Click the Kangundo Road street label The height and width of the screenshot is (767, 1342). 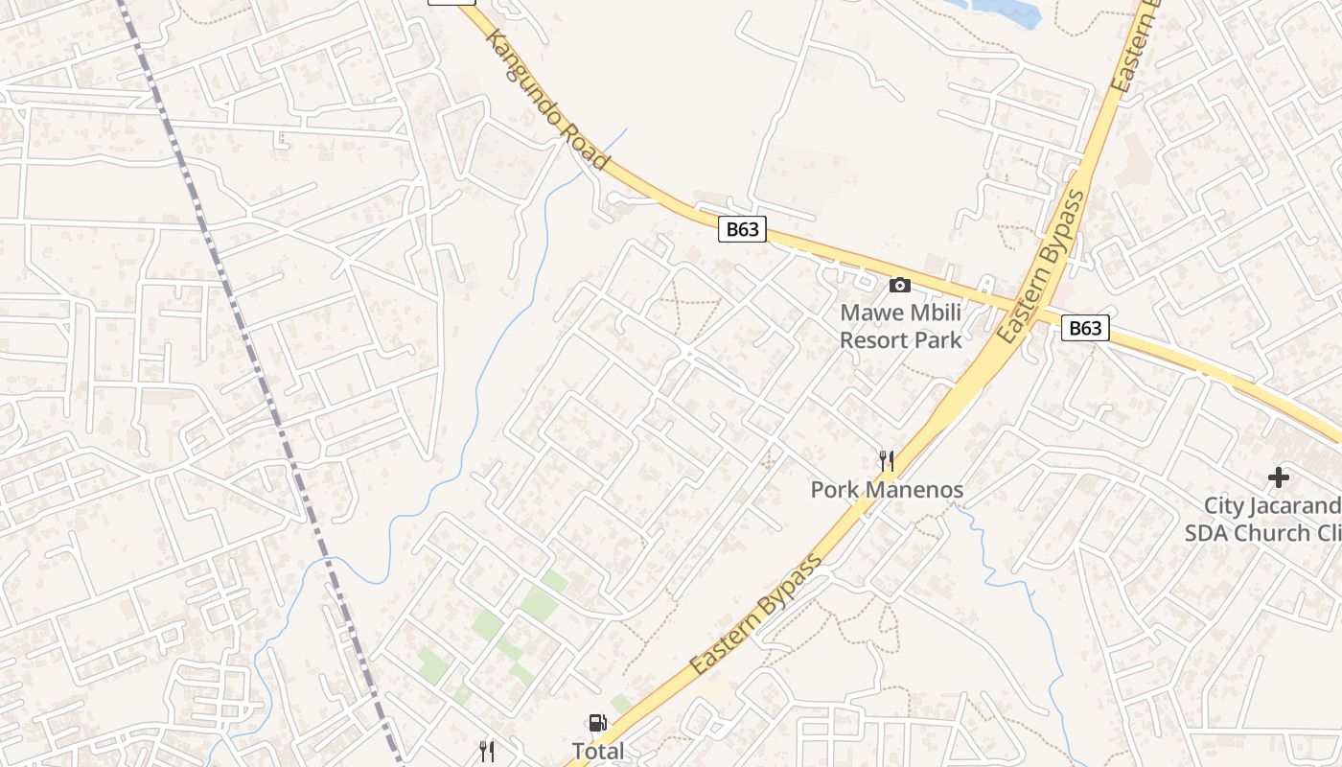(547, 101)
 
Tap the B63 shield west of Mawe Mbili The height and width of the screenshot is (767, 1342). (742, 229)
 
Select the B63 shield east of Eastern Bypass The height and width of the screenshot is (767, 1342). (1085, 328)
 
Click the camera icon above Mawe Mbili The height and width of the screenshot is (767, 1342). (899, 285)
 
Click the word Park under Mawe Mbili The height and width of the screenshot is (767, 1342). (939, 339)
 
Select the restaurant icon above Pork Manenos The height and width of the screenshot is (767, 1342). (887, 461)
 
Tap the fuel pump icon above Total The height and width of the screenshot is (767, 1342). (597, 723)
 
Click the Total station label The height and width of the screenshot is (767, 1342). (597, 751)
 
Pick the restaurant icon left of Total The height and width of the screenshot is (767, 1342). (487, 751)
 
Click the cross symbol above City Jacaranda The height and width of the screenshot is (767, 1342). (1278, 476)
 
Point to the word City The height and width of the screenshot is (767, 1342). (1224, 505)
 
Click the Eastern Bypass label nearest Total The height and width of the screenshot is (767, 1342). (757, 613)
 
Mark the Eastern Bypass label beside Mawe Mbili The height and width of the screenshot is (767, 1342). (1042, 267)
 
